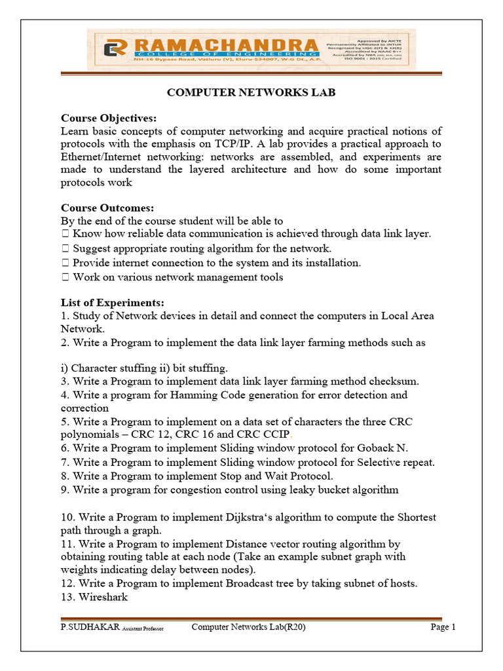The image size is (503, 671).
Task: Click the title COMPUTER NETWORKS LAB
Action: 251,92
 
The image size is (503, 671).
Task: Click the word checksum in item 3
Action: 394,381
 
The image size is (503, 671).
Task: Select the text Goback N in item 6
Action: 385,448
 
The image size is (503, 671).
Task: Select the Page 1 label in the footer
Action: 442,627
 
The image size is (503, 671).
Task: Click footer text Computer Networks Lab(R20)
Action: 248,627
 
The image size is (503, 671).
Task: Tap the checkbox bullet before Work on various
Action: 65,277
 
